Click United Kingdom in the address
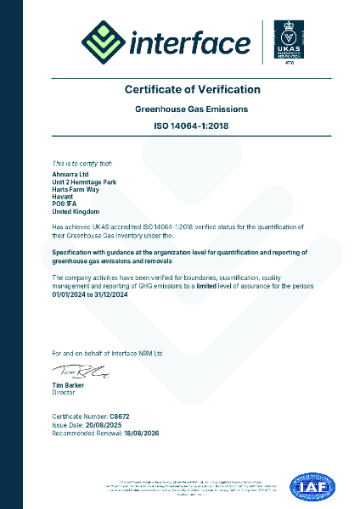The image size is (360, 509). coord(74,211)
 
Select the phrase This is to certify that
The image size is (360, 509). coord(82,162)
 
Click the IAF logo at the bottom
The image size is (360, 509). coord(313,487)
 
